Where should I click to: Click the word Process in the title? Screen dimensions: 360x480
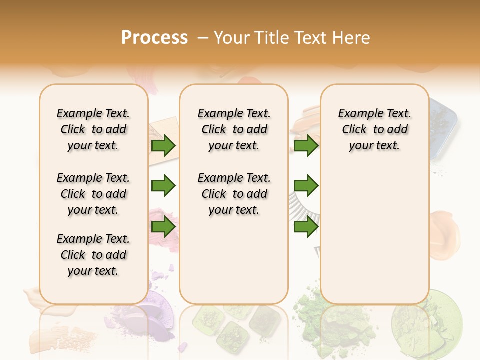[154, 38]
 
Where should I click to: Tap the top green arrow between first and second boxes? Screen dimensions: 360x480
[163, 146]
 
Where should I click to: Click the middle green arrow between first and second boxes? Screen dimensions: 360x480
[163, 186]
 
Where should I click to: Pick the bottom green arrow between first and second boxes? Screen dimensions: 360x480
[163, 227]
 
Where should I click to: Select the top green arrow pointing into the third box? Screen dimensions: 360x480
[306, 146]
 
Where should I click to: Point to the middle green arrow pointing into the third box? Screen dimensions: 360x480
[306, 186]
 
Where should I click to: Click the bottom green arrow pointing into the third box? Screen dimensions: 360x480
[306, 227]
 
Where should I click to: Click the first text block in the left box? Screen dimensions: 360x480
[93, 129]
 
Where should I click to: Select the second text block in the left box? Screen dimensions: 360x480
[93, 194]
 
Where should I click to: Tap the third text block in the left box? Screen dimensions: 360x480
[93, 255]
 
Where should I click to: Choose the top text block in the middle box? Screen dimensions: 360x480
[234, 129]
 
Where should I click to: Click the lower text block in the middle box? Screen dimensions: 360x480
[234, 194]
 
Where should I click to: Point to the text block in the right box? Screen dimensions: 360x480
[375, 129]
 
